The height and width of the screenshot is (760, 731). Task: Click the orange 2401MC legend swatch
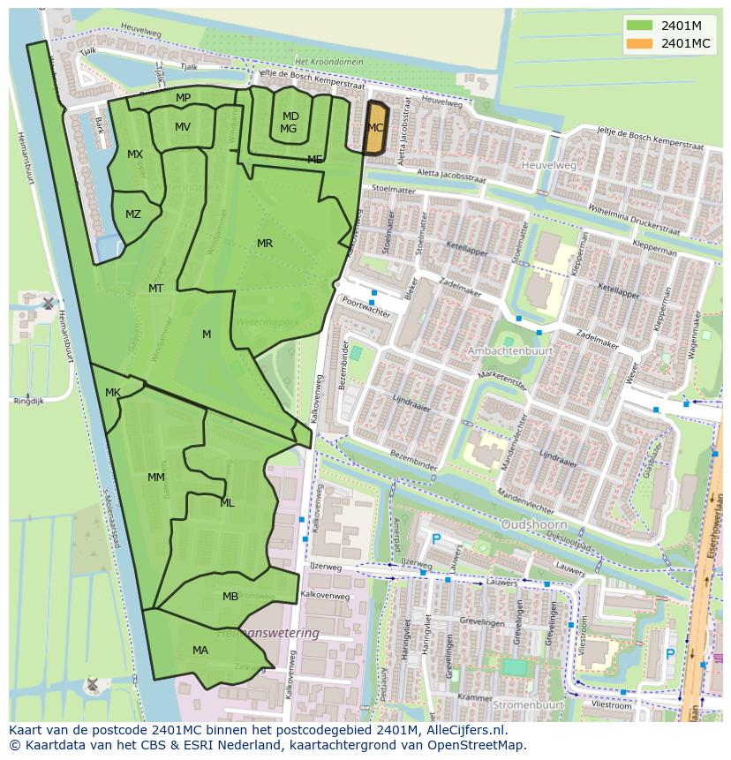click(x=640, y=43)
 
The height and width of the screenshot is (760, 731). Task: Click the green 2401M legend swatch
click(x=640, y=25)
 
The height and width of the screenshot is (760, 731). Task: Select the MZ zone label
click(x=133, y=214)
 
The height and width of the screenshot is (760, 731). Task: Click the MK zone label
click(x=113, y=393)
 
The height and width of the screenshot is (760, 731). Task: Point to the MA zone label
click(x=200, y=651)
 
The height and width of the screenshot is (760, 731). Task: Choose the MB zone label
click(x=230, y=597)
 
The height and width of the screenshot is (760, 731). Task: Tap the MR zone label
click(x=265, y=244)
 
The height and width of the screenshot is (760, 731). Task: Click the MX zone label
click(x=135, y=154)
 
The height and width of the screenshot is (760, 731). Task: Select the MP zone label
click(x=183, y=98)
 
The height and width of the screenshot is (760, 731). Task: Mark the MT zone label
click(x=156, y=289)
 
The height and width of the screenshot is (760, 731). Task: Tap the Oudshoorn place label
click(x=533, y=524)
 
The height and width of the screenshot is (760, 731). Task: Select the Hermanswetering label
click(x=268, y=634)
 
